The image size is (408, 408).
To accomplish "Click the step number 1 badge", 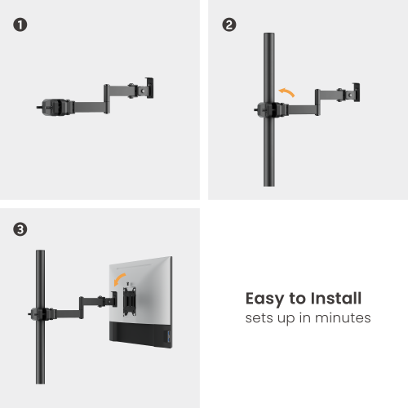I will [20, 24].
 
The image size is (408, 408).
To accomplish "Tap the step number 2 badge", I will [229, 24].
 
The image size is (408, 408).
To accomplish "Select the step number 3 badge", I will [20, 230].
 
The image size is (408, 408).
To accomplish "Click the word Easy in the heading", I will [264, 298].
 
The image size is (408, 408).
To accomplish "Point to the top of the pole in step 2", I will [267, 37].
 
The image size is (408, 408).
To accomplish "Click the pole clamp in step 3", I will [39, 313].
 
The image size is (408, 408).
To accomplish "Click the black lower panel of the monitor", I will [139, 334].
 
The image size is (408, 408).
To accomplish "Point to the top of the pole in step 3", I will [38, 253].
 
